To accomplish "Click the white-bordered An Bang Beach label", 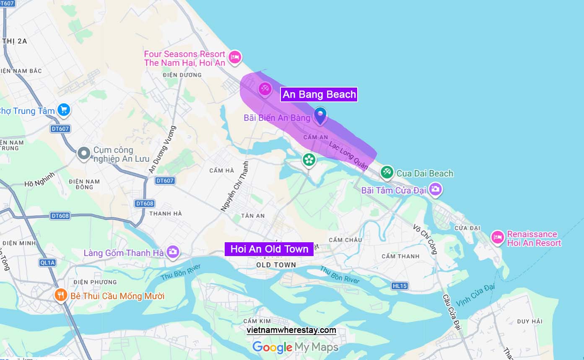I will point(319,94).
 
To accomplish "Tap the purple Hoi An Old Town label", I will point(269,249).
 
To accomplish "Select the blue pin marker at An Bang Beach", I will point(320,115).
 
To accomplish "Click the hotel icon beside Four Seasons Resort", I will point(235,57).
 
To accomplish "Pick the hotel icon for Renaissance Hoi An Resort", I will point(497,238).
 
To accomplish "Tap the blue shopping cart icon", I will point(64,110).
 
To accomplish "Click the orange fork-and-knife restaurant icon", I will point(61,295).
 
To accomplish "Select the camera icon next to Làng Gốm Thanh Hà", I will point(172,252).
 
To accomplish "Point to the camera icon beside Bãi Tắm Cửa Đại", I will point(436,189).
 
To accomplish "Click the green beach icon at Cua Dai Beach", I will point(387,172).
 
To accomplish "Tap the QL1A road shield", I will point(47,263).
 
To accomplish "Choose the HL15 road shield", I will point(400,286).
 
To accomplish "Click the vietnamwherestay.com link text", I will point(291,330).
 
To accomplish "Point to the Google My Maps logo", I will point(295,347).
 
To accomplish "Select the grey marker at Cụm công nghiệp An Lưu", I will point(84,153).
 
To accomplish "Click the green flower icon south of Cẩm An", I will point(309,159).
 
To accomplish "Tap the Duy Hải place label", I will point(529,321).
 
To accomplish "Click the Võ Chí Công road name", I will point(425,239).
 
